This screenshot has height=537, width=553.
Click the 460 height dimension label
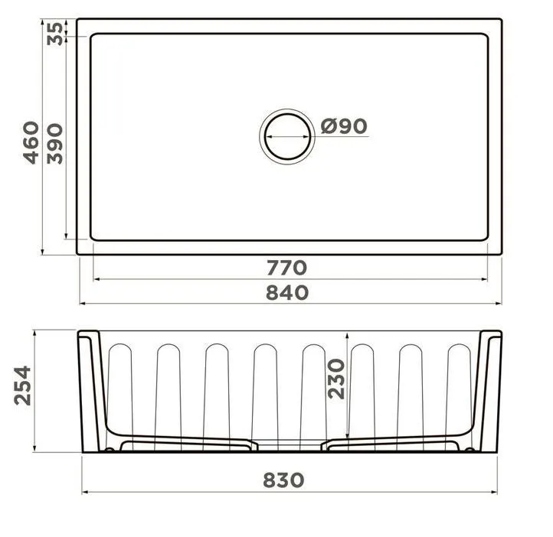[31, 142]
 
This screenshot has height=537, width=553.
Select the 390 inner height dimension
[55, 144]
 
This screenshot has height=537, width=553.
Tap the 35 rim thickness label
[55, 34]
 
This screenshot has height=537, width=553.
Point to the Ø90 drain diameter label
[344, 126]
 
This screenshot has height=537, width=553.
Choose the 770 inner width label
[286, 268]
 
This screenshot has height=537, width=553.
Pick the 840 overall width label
[287, 293]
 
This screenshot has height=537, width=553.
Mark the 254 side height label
[22, 386]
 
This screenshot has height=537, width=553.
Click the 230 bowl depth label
[335, 379]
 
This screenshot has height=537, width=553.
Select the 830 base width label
[283, 480]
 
